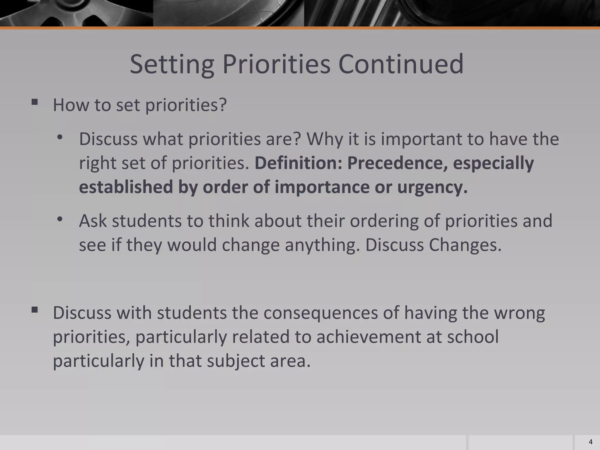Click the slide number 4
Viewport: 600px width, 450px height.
click(x=590, y=442)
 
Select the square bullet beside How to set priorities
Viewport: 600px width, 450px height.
click(x=35, y=102)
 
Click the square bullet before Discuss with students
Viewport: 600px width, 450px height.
click(x=35, y=310)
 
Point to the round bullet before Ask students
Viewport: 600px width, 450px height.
click(x=60, y=219)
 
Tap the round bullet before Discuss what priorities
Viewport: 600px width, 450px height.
click(x=60, y=137)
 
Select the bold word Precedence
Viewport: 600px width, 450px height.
click(x=397, y=163)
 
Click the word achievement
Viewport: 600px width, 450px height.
click(x=369, y=337)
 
